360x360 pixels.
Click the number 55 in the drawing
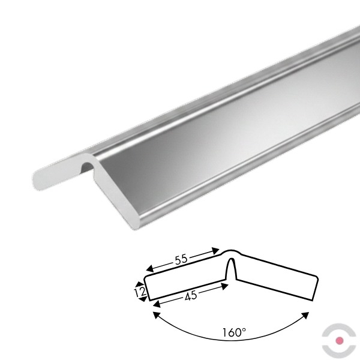pos(181,259)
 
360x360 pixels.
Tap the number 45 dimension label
pos(191,295)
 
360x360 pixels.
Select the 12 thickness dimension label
pos(140,292)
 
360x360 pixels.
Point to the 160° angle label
pos(234,332)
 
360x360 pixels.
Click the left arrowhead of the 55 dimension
pos(149,268)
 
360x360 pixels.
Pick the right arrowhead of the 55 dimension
pos(215,251)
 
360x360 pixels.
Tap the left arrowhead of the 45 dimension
pos(157,304)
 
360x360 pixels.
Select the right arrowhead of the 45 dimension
pos(224,286)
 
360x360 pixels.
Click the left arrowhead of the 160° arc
pos(156,315)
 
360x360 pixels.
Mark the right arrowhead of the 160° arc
pos(305,316)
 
